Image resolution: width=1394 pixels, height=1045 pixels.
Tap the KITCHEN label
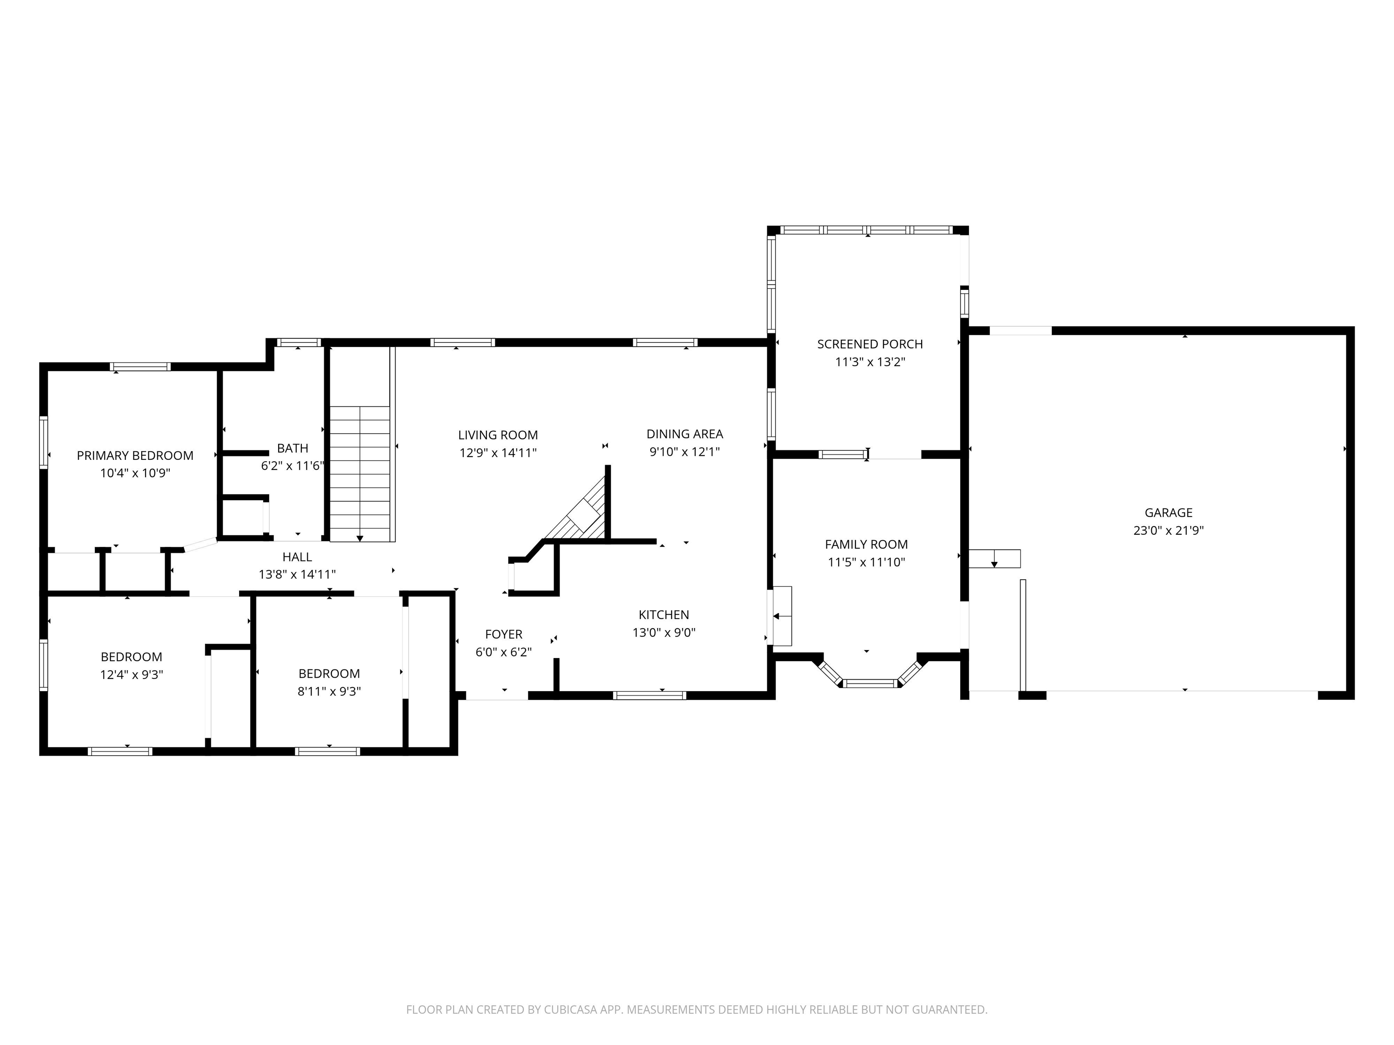tap(663, 615)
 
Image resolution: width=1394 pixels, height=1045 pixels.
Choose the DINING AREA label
tap(684, 434)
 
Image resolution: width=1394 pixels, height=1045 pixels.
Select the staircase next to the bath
tap(360, 473)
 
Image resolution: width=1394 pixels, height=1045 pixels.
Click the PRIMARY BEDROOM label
tap(135, 455)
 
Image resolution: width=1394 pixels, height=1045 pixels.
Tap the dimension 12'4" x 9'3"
tap(131, 674)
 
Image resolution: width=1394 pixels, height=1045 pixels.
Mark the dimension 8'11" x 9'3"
tap(329, 691)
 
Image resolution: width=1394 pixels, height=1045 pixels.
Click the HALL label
tap(297, 557)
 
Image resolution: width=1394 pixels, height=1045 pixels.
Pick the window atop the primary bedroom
tap(140, 366)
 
